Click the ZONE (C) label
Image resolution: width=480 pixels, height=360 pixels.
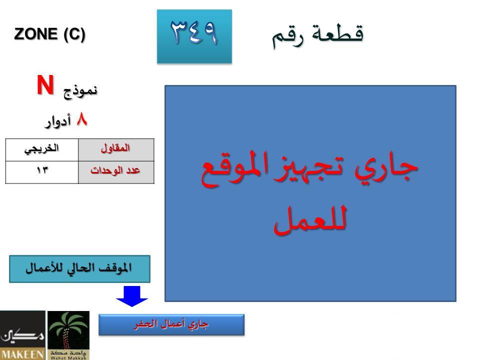(x=49, y=34)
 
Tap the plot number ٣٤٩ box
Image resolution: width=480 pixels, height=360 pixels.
(x=194, y=36)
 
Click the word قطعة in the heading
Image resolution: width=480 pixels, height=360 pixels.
(x=337, y=33)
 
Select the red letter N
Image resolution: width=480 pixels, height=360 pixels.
(x=45, y=85)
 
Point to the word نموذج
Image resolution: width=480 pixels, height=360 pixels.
(x=80, y=91)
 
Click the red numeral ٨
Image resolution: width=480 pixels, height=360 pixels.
(x=82, y=119)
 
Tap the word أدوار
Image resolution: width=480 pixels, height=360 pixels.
(x=57, y=121)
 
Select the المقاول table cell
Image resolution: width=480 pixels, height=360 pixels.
(x=116, y=149)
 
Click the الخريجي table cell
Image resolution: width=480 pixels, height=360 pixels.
(x=42, y=149)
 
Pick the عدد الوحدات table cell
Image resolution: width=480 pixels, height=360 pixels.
(x=116, y=172)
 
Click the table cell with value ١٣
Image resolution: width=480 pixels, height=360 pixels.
(x=42, y=172)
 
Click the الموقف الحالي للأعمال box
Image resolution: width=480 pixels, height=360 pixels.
(x=79, y=269)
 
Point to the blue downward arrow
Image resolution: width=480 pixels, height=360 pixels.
(x=132, y=296)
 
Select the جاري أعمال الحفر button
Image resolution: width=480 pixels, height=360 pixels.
(x=171, y=325)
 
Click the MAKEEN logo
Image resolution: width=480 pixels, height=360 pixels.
(x=22, y=335)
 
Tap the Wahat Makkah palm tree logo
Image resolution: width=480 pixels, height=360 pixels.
(x=68, y=335)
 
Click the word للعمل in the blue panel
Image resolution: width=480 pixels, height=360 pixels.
(x=310, y=219)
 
